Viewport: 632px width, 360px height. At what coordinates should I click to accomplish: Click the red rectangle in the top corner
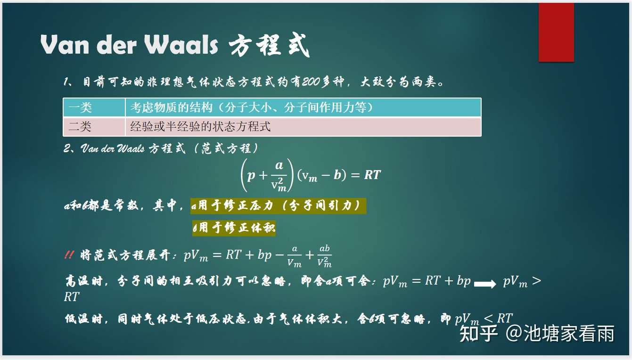[556, 32]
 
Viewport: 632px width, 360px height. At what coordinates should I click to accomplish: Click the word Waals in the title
[181, 46]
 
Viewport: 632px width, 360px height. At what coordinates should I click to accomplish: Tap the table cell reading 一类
[80, 108]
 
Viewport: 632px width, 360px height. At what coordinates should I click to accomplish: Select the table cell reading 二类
[80, 127]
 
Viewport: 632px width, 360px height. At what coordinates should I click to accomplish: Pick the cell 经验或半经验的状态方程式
[200, 127]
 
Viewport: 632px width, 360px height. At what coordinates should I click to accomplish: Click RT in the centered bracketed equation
[372, 175]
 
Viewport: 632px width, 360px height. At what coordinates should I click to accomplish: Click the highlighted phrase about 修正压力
[278, 206]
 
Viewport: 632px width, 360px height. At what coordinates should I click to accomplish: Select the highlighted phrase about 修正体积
[234, 228]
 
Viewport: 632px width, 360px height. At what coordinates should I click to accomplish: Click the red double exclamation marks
[69, 255]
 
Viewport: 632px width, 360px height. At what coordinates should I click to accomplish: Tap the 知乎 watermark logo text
[478, 333]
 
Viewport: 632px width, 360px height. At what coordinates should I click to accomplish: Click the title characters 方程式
[269, 46]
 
